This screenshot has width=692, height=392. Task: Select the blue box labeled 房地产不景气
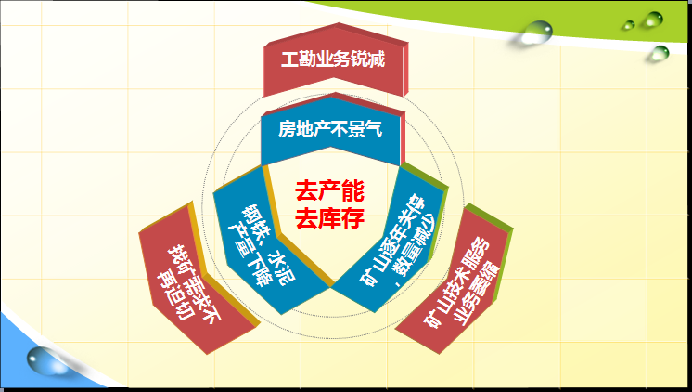331,130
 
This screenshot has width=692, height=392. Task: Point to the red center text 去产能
329,191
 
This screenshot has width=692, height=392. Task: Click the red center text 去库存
329,218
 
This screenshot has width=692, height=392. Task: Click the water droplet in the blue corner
44,360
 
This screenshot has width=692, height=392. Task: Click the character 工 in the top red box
289,59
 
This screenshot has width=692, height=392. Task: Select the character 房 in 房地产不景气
287,129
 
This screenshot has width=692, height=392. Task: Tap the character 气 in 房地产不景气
373,129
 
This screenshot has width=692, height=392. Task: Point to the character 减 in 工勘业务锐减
377,59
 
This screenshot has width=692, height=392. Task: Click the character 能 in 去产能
353,191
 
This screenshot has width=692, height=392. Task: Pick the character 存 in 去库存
353,218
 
